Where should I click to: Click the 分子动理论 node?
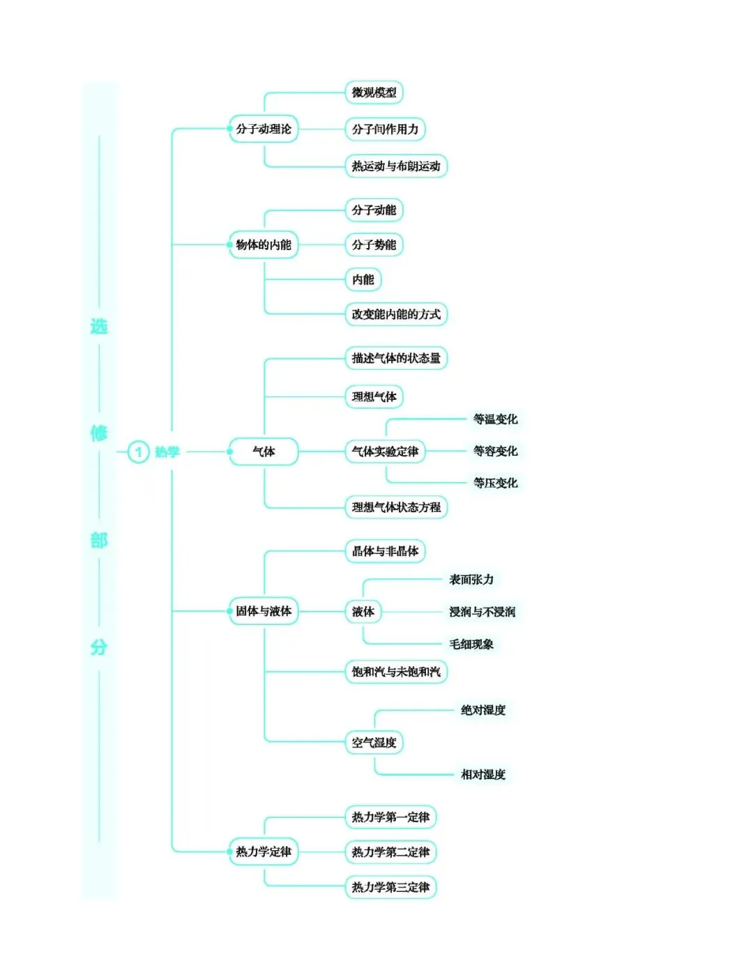(263, 129)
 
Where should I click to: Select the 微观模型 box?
(374, 93)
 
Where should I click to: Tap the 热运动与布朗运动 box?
(395, 167)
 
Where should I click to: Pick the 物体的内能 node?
(263, 245)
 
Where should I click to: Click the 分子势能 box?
(374, 245)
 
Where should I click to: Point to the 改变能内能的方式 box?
(395, 314)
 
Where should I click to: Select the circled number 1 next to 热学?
(138, 452)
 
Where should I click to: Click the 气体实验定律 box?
(385, 452)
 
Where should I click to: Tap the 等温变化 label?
(495, 419)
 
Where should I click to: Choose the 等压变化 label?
(495, 483)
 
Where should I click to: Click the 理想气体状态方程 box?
(395, 507)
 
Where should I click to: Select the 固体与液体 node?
(263, 611)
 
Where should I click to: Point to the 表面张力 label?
(471, 579)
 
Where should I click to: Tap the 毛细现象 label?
(471, 645)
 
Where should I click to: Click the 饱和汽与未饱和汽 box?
(395, 672)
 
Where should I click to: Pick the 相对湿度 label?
(482, 774)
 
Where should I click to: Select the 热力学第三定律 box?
(390, 887)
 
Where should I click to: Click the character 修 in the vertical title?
(99, 433)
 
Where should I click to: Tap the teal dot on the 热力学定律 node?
(230, 851)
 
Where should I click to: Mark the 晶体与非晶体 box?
(385, 551)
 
